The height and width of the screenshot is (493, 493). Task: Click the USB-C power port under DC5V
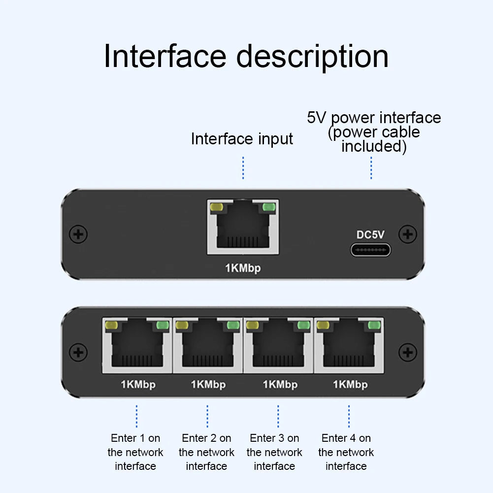370,250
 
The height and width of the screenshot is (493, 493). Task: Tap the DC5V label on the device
370,235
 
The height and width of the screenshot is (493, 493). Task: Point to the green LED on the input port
269,207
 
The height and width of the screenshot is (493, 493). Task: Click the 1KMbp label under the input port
243,268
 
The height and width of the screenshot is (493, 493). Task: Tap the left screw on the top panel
78,234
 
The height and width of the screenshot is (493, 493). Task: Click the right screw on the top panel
407,234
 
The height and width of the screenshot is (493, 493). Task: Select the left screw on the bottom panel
78,352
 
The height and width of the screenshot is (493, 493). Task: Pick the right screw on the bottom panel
407,352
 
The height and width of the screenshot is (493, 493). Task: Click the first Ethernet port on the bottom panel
137,345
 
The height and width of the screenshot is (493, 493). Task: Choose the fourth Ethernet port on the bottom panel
349,345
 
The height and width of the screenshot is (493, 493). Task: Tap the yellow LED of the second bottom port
182,326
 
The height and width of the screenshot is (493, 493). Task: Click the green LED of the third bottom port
304,326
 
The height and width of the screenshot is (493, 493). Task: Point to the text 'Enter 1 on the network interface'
135,452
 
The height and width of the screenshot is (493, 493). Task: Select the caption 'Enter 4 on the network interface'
346,452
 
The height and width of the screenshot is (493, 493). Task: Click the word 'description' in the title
312,57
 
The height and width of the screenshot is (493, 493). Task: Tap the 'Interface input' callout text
242,139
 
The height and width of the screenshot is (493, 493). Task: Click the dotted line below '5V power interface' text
371,168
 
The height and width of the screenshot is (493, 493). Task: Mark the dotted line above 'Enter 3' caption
278,416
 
